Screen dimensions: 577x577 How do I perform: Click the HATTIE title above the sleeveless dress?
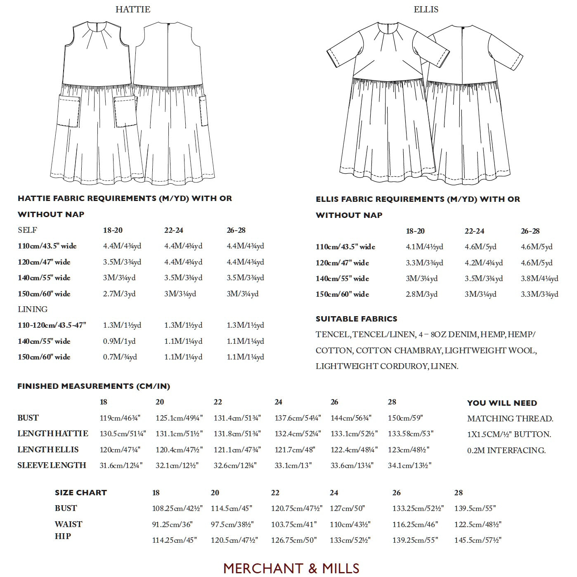tap(133, 9)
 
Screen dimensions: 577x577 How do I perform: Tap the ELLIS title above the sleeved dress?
tap(426, 9)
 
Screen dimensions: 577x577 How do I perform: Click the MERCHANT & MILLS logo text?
tap(291, 568)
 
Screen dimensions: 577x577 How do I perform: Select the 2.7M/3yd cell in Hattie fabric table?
tap(119, 294)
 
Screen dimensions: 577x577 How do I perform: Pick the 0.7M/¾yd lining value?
tap(120, 357)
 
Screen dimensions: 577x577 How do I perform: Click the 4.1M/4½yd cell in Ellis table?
tap(424, 247)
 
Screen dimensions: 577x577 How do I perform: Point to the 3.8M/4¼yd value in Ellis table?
tap(539, 279)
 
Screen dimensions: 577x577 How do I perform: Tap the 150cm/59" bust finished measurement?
tap(405, 418)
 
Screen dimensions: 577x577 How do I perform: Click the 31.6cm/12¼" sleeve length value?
tap(121, 466)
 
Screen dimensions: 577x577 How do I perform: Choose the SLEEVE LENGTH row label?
tap(52, 465)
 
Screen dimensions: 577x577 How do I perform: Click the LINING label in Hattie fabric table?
tap(33, 310)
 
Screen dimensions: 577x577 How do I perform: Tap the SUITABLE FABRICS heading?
tap(356, 319)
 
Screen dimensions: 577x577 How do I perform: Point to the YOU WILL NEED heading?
tap(502, 403)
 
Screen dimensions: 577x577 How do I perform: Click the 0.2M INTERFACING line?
tap(506, 450)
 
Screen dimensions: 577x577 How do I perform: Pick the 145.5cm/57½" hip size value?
tap(478, 540)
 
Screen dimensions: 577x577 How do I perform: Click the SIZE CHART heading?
tap(81, 493)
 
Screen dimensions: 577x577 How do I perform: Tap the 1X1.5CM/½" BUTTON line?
tap(509, 435)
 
